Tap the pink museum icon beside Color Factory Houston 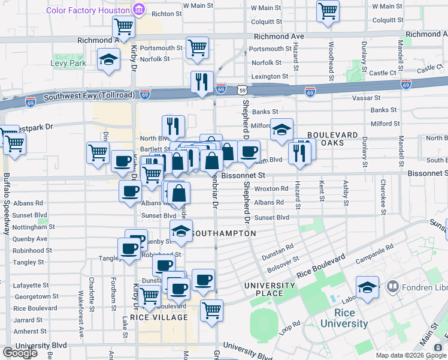pyautogui.click(x=139, y=10)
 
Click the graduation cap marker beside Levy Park pyautogui.click(x=108, y=59)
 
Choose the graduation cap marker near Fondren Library pyautogui.click(x=368, y=287)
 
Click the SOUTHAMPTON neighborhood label pyautogui.click(x=225, y=233)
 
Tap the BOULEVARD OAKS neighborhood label pyautogui.click(x=333, y=139)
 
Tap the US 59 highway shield pyautogui.click(x=241, y=90)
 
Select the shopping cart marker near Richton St pyautogui.click(x=123, y=26)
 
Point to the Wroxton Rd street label pyautogui.click(x=271, y=188)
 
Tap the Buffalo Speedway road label pyautogui.click(x=7, y=204)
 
